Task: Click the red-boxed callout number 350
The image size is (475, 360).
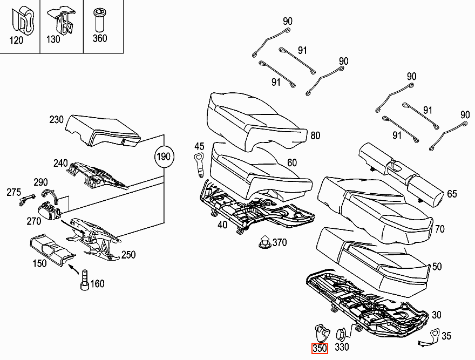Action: [320, 349]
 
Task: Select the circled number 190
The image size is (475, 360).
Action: [164, 157]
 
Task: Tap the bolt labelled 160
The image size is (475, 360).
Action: [85, 280]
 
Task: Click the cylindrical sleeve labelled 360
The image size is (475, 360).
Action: [99, 20]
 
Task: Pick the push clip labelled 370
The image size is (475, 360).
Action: [264, 241]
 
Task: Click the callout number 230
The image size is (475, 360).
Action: [56, 119]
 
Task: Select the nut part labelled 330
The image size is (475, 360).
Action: [341, 334]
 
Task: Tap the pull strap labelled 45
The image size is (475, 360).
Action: [199, 165]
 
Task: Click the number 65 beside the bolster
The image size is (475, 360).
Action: [452, 194]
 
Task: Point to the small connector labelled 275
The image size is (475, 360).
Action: [26, 200]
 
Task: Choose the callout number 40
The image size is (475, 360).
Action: [222, 225]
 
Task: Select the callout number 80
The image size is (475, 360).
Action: [315, 135]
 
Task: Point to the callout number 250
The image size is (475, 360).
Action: [128, 255]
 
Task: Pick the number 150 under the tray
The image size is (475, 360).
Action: [40, 263]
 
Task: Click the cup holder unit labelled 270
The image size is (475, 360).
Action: [49, 210]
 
